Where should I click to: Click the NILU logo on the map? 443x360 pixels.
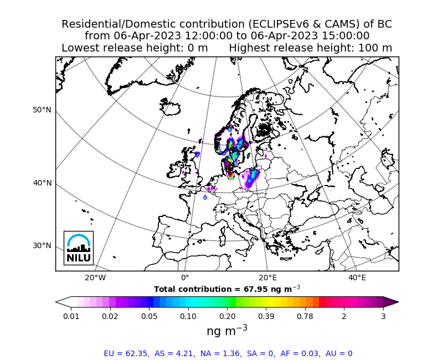pos(79,248)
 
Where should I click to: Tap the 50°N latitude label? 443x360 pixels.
pos(42,110)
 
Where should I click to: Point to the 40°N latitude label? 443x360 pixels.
pos(42,183)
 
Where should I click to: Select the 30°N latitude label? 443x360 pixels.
pos(42,245)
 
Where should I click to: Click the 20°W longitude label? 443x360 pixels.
pos(95,277)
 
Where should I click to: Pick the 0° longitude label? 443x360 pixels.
pos(185,277)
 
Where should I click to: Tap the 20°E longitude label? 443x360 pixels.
pos(268,277)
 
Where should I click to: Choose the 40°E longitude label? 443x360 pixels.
pos(357,277)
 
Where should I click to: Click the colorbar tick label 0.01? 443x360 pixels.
pos(71,316)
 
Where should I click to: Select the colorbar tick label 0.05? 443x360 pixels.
pos(149,316)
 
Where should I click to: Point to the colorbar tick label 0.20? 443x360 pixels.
pos(227,316)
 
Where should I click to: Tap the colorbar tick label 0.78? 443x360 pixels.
pos(305,316)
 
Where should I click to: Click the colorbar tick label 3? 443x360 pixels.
pos(383,316)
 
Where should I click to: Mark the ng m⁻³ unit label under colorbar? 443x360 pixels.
pos(227,331)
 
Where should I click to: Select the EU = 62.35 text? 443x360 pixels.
pos(126,353)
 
